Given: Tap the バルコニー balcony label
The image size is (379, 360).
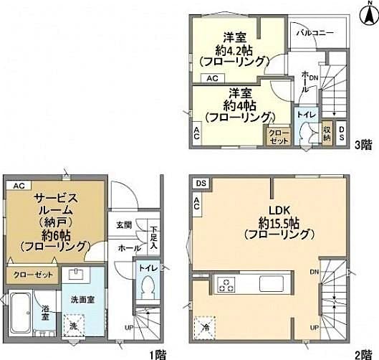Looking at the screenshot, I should (x=315, y=33).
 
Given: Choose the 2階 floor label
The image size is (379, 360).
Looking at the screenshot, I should (x=363, y=354).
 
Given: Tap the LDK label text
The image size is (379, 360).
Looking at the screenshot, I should (x=278, y=210).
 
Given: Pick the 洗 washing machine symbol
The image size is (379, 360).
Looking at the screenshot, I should (x=75, y=324).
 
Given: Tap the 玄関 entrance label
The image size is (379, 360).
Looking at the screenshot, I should (x=123, y=225).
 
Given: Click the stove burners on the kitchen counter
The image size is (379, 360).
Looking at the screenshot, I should (x=226, y=283).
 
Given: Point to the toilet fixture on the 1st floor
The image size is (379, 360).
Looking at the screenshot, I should (x=148, y=285).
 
